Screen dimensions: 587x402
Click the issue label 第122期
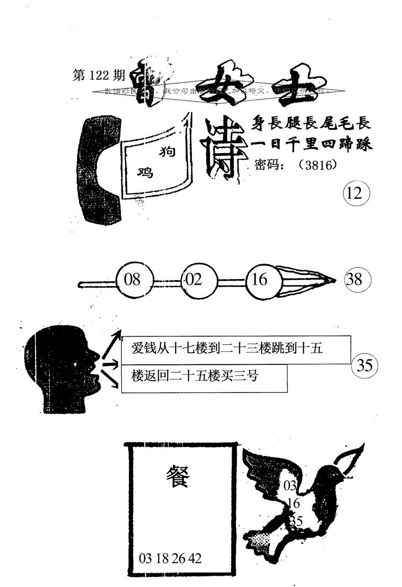coord(99,75)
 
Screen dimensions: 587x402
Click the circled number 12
coord(356,193)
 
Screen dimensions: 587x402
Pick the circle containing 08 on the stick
coord(132,280)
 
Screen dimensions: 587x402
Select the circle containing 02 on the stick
coord(194,280)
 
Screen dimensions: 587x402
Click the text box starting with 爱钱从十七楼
coord(236,349)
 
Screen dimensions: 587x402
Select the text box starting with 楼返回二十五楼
coord(204,378)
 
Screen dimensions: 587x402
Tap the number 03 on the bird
coord(290,486)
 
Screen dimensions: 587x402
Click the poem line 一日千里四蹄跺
coord(312,145)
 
